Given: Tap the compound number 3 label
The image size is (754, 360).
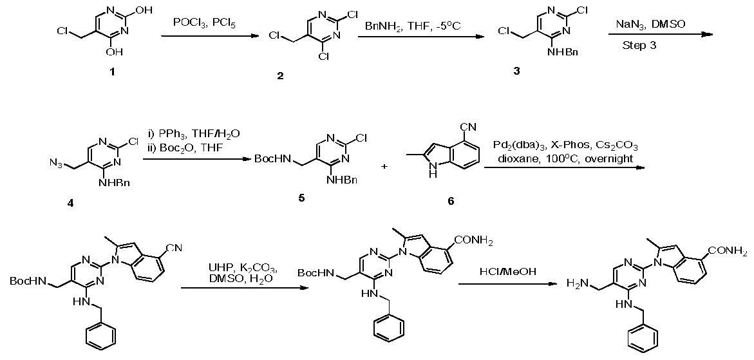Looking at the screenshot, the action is pos(516,71).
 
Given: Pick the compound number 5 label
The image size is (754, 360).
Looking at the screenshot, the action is pos(301,197).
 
